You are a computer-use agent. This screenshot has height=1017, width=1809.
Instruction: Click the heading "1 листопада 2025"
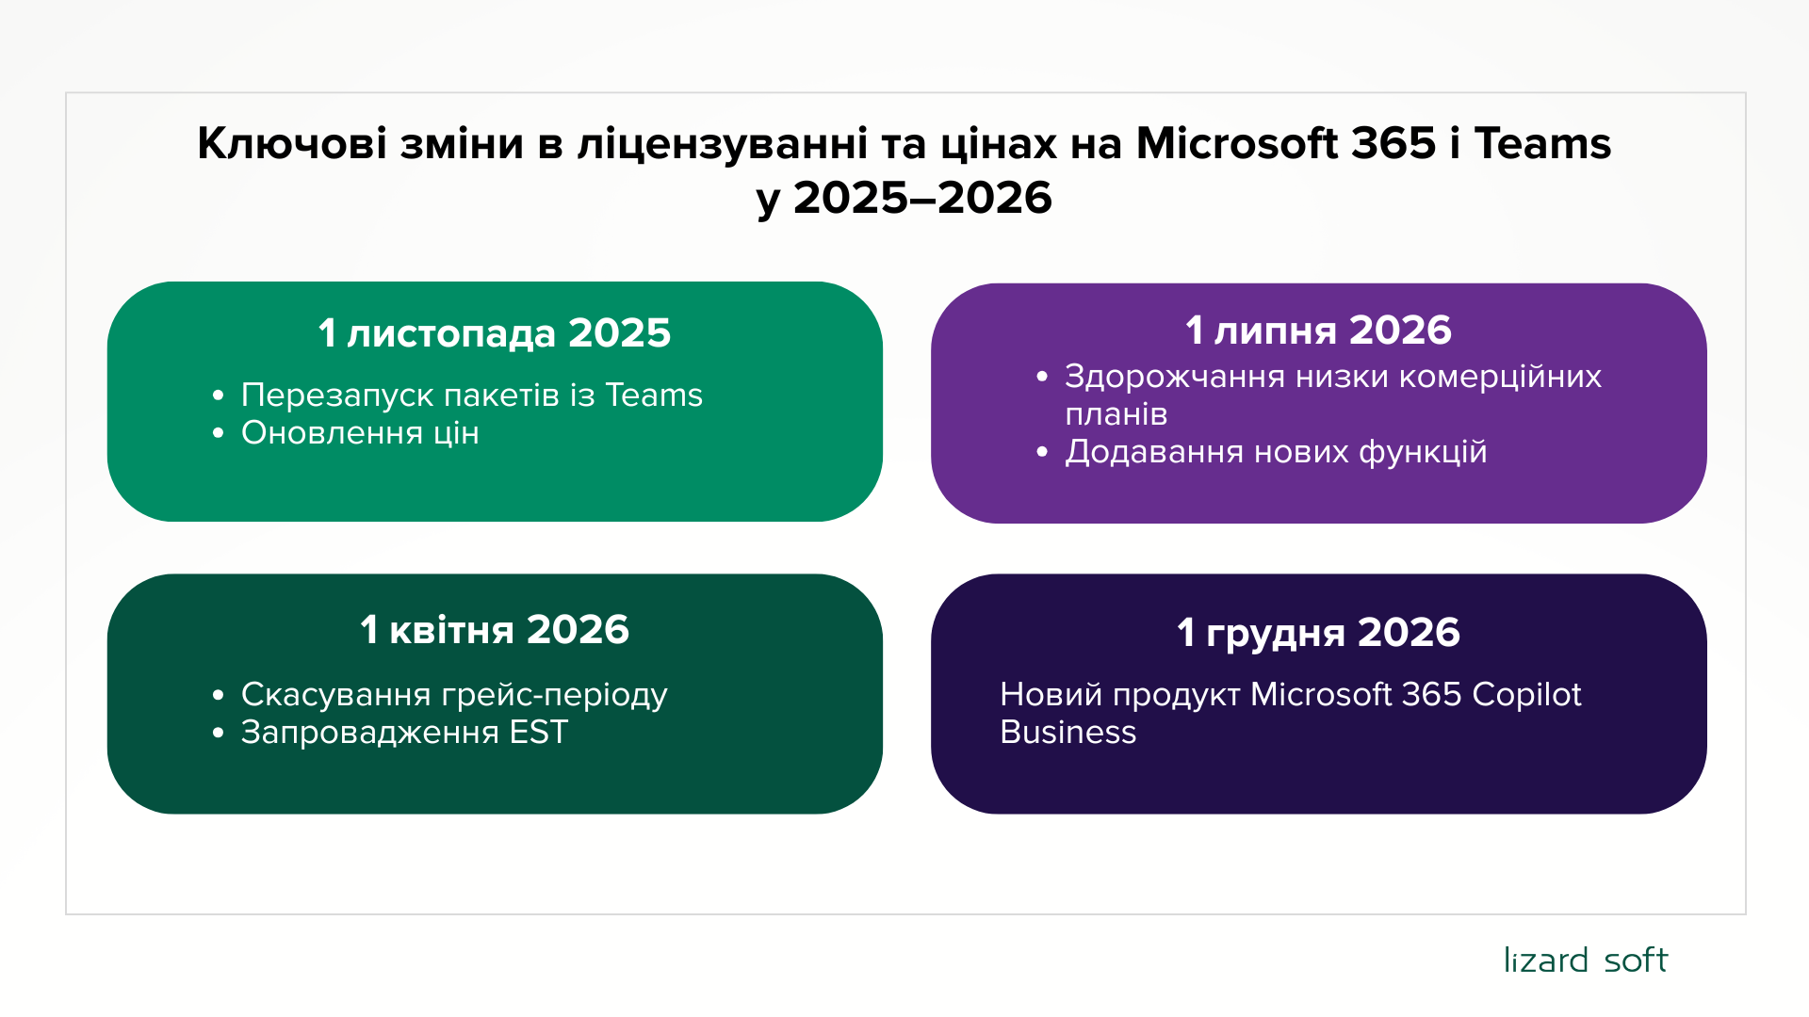495,333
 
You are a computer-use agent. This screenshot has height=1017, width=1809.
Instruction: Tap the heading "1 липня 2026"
1318,331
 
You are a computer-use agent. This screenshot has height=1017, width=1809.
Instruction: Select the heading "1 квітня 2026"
495,629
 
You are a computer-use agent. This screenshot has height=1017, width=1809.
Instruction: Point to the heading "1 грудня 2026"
1318,633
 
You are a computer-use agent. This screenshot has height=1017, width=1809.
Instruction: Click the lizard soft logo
1585,960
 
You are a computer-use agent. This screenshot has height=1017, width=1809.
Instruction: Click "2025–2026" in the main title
922,198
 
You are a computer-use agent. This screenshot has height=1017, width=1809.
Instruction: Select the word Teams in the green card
654,395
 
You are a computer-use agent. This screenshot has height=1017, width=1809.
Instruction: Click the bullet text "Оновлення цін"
360,433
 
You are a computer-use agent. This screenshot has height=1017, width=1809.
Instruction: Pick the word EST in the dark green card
539,733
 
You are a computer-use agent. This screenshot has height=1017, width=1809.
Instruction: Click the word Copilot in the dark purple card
1526,696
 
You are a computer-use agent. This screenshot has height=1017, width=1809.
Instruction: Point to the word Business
1068,733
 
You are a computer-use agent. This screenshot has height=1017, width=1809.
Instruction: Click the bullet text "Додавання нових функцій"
1276,452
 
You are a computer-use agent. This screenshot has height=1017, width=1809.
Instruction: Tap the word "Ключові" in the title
292,143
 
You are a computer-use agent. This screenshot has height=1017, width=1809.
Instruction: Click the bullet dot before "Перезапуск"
219,395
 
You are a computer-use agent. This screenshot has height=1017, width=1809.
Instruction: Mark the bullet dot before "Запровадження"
219,733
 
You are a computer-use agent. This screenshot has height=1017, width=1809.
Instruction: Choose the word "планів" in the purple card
1116,414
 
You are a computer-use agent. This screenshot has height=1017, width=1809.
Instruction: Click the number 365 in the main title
1393,143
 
